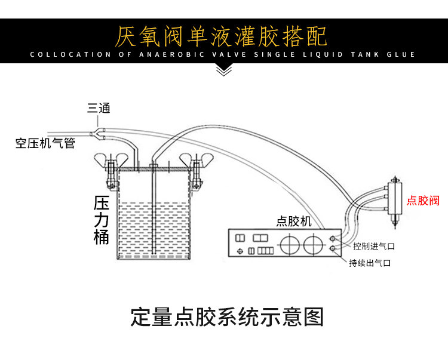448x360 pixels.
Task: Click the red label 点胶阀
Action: pos(423,201)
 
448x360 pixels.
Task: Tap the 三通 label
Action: pos(99,108)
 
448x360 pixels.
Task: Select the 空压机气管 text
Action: pos(45,143)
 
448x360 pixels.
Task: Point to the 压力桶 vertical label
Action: pos(102,220)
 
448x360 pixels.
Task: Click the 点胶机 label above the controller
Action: pos(294,221)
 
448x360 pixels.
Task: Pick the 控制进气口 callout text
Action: pos(374,246)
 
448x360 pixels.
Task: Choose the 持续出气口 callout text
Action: pos(370,263)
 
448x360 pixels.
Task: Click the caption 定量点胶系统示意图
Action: pos(227,316)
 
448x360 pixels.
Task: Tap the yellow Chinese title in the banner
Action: pos(221,36)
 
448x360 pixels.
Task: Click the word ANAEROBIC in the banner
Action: pos(171,54)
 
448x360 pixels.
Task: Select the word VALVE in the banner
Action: pos(229,54)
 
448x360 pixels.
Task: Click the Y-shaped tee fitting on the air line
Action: pos(97,134)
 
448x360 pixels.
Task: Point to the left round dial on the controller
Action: pos(290,245)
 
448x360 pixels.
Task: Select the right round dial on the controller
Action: pos(313,245)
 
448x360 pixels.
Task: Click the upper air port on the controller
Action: pos(333,238)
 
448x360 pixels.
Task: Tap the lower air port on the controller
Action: pos(333,249)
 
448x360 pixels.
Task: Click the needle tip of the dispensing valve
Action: pos(395,228)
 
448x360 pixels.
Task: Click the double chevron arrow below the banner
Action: pos(224,70)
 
